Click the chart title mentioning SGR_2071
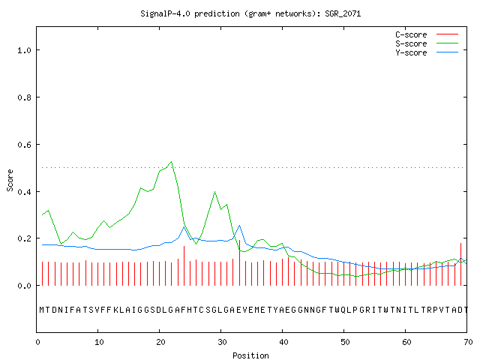250,13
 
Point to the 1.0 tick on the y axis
24,50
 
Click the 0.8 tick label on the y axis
24,97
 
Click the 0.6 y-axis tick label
24,145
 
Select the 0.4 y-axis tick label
24,192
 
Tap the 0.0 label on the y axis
24,286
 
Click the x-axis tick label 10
99,342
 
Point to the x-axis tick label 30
222,342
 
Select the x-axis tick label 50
345,342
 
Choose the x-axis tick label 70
468,342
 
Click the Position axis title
250,355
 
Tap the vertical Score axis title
10,180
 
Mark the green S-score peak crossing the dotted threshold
172,162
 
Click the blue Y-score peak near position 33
239,226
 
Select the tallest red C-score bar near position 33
239,262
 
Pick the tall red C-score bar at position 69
460,264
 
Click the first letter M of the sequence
42,310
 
